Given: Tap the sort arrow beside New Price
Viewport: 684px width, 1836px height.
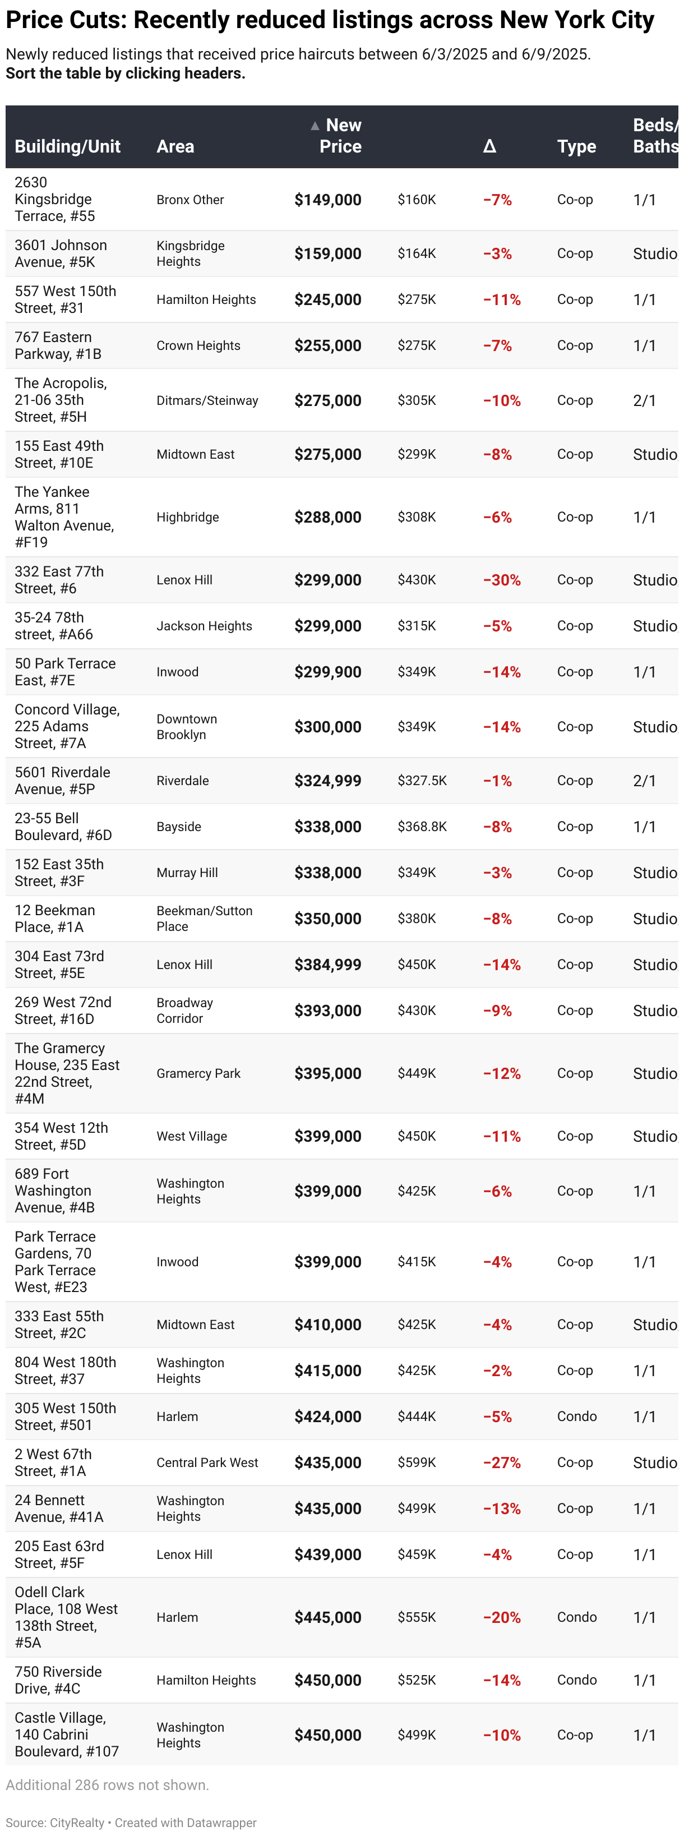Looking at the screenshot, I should (314, 126).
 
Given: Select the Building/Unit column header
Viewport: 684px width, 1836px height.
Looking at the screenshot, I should (68, 147).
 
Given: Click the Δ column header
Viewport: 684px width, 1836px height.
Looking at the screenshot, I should (489, 147).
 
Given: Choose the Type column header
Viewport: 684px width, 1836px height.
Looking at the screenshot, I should (576, 147).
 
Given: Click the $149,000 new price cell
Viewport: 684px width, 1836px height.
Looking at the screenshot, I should (328, 200).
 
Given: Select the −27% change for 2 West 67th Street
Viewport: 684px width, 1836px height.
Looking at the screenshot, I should (502, 1463).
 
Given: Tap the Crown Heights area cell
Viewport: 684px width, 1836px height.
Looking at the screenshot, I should (198, 345).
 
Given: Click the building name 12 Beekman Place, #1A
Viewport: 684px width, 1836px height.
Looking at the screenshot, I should (55, 919).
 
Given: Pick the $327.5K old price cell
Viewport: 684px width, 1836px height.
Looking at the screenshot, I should (422, 781).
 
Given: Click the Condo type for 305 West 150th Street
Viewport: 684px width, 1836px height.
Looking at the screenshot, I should (576, 1416).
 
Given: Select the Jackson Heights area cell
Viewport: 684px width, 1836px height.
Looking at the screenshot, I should (204, 626).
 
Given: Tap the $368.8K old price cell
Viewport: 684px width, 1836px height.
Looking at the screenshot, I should (422, 827).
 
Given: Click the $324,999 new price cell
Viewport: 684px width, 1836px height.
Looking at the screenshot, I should (328, 781).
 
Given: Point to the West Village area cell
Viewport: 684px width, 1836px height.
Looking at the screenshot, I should (192, 1136).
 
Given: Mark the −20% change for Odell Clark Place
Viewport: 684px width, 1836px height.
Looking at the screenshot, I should (502, 1617).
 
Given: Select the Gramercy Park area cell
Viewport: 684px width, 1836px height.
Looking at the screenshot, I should (198, 1073).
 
